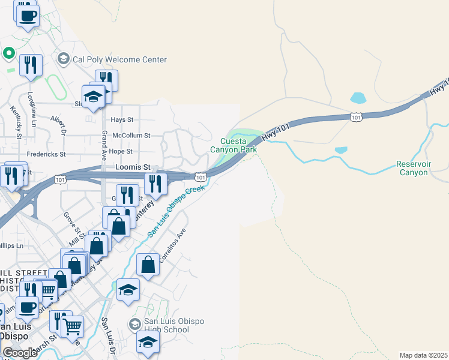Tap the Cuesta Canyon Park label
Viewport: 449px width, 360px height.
coord(234,145)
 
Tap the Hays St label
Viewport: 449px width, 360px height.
coord(121,120)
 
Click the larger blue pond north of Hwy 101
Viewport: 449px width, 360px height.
coord(358,98)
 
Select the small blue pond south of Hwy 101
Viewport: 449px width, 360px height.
coord(341,150)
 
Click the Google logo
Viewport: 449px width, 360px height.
coord(20,353)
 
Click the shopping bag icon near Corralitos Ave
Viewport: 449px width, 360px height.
coord(148,264)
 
